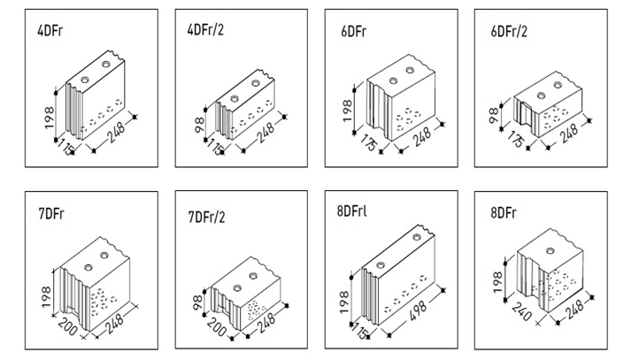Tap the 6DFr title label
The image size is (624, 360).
352,31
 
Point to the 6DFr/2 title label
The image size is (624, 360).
509,31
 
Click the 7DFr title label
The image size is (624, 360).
51,214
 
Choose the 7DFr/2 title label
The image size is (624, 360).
207,217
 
